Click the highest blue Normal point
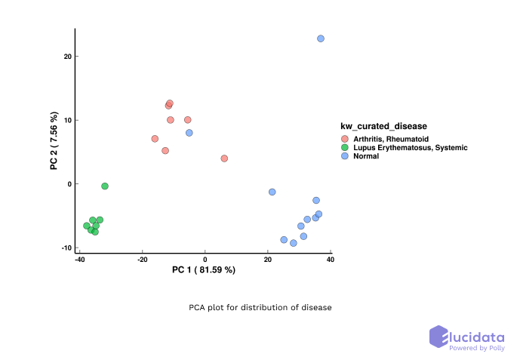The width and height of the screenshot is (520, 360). pos(321,38)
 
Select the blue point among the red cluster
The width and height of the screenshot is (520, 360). pos(189,133)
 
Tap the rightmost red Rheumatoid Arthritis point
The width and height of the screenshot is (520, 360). pos(224,158)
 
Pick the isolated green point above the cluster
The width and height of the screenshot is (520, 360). pos(105,186)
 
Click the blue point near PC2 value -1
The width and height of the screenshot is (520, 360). pos(272,192)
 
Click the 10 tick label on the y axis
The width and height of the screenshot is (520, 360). pos(66,120)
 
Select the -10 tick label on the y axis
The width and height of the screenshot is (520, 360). pos(65,248)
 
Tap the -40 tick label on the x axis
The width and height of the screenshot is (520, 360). pos(79,260)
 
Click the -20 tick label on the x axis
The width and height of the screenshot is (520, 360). pos(142,260)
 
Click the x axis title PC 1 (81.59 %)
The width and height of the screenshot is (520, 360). pos(204,270)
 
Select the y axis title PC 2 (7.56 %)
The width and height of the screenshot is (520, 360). pos(54,140)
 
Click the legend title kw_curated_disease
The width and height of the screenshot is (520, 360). pos(383,125)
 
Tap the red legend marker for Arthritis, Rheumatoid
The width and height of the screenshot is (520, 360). pos(345,139)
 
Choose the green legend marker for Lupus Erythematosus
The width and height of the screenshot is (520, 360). pos(345,148)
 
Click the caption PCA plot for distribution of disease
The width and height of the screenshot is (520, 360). pos(260,308)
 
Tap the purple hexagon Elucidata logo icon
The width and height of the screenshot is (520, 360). pos(439,337)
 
